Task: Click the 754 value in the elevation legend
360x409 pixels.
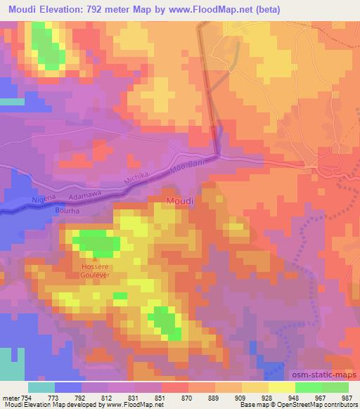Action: (31, 398)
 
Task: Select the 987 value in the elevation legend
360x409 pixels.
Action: (348, 398)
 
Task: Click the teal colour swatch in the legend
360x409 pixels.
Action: (41, 387)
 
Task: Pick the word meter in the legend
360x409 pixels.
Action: (12, 398)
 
